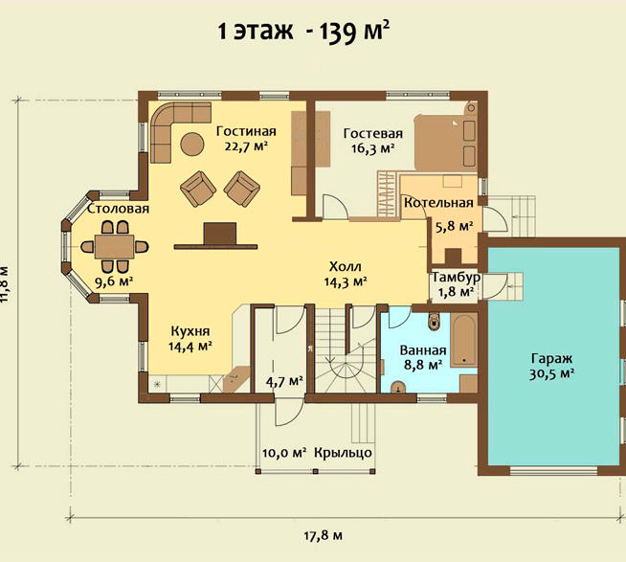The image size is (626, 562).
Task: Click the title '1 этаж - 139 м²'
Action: pos(303,32)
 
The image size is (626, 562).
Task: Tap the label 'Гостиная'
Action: pos(246,131)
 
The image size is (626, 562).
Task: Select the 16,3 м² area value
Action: pos(373,148)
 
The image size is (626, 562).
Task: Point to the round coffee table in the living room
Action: pos(192,145)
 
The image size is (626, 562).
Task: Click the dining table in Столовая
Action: pos(114,247)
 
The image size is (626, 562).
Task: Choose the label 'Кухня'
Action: pos(190,331)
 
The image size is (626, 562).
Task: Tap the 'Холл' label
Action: pos(346,266)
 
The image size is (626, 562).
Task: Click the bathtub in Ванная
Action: pos(463,340)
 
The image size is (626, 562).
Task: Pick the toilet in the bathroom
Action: pos(434,321)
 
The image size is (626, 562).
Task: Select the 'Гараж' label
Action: pos(551,358)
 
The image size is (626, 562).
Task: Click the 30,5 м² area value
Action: pos(551,374)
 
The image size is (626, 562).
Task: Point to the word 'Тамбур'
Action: pos(457,277)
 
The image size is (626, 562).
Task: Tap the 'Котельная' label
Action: pos(438,203)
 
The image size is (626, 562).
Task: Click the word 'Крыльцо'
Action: pos(343,453)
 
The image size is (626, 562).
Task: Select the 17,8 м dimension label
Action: pos(323,535)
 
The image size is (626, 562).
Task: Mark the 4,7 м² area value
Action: pos(284,381)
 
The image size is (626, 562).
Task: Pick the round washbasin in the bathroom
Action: pos(398,387)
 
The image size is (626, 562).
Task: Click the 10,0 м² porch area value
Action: pos(284,453)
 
